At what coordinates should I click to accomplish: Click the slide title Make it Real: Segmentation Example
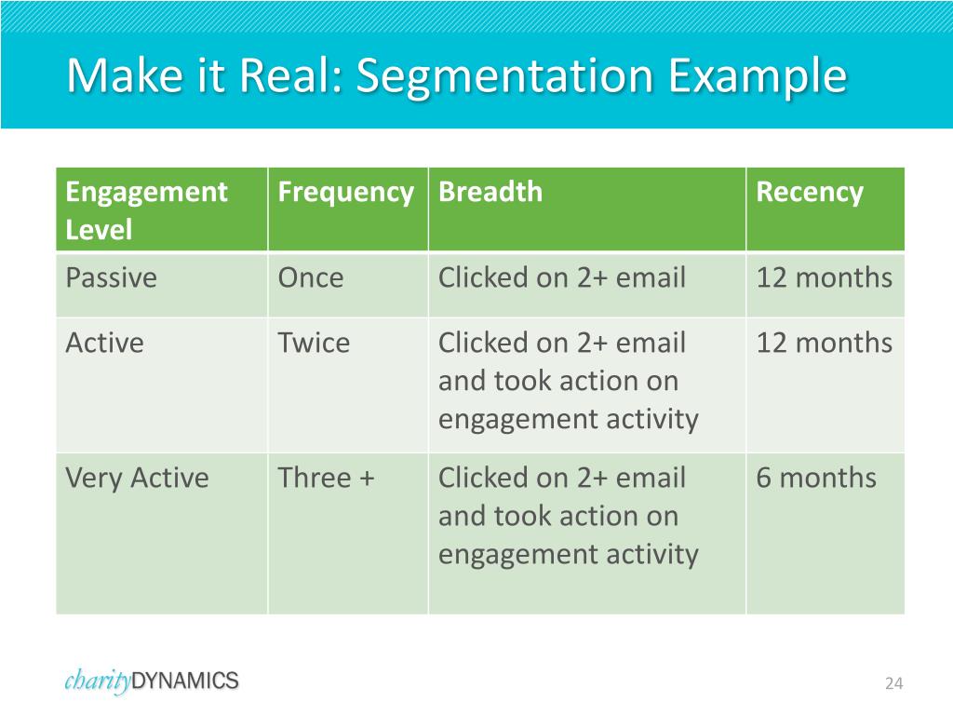click(x=456, y=76)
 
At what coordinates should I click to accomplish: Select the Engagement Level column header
click(x=146, y=210)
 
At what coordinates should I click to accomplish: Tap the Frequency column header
click(x=345, y=193)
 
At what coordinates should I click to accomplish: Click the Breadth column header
click(x=490, y=193)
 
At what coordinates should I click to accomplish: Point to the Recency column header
click(x=810, y=193)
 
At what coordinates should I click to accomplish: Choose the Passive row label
click(x=112, y=277)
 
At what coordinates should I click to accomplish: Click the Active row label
click(x=105, y=343)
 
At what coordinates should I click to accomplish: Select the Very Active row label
click(x=137, y=478)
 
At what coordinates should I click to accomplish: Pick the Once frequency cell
click(x=311, y=277)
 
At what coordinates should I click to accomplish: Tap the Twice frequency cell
click(x=314, y=343)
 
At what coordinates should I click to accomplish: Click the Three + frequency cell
click(x=326, y=478)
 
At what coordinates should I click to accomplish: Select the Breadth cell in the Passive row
click(x=562, y=277)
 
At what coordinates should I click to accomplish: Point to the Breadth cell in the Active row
click(x=568, y=381)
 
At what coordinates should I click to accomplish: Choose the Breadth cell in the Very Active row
click(x=568, y=516)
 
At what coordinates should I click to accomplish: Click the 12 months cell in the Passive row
click(x=824, y=277)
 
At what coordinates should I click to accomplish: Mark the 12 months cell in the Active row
click(x=824, y=343)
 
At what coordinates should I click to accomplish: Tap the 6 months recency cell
click(x=816, y=478)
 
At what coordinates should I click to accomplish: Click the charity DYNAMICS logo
click(x=152, y=681)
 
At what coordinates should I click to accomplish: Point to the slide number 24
click(x=893, y=684)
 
